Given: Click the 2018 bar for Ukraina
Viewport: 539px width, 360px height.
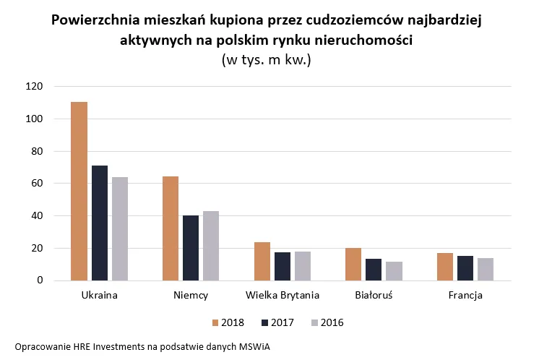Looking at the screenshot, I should click(x=79, y=191).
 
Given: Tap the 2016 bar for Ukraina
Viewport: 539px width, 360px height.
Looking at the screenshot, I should click(x=119, y=228).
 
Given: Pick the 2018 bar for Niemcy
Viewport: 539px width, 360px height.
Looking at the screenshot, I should click(x=171, y=228).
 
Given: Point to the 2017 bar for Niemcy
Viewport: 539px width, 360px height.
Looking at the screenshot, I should click(x=191, y=248).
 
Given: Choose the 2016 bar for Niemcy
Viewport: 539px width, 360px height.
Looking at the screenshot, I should click(x=211, y=246).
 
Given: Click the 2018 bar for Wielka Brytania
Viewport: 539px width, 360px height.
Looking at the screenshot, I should click(x=262, y=261).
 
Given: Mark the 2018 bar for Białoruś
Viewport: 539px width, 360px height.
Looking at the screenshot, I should click(x=354, y=264).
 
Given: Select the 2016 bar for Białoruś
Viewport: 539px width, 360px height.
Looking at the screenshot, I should click(x=394, y=271).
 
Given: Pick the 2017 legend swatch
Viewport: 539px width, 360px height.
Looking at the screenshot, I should click(x=264, y=322).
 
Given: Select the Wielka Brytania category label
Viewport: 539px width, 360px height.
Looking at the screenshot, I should click(x=283, y=296).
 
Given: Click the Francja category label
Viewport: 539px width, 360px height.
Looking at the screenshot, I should click(x=465, y=296).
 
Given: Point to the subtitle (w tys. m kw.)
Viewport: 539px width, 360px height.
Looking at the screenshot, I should click(x=266, y=61).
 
